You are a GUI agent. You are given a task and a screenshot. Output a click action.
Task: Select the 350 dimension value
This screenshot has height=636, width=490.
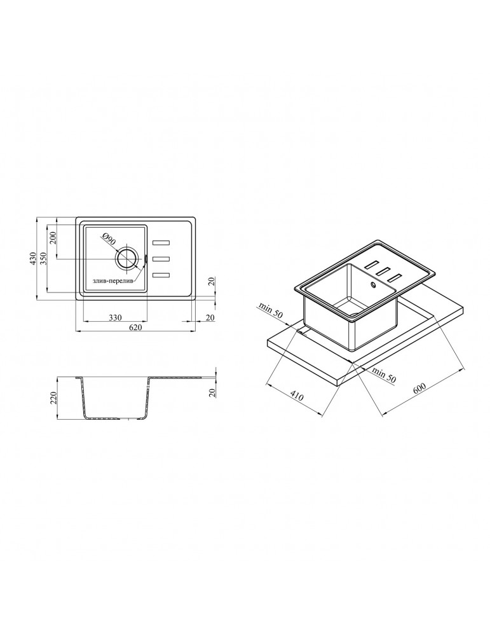(44, 258)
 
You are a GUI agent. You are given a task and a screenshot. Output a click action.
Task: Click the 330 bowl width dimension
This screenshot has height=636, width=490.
(116, 317)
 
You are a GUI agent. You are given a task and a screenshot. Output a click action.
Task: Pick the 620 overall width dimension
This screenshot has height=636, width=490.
(136, 328)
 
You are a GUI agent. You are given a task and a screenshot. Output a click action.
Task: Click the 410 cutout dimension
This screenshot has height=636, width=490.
(297, 396)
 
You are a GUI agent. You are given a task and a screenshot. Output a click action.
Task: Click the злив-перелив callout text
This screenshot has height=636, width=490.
(112, 280)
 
